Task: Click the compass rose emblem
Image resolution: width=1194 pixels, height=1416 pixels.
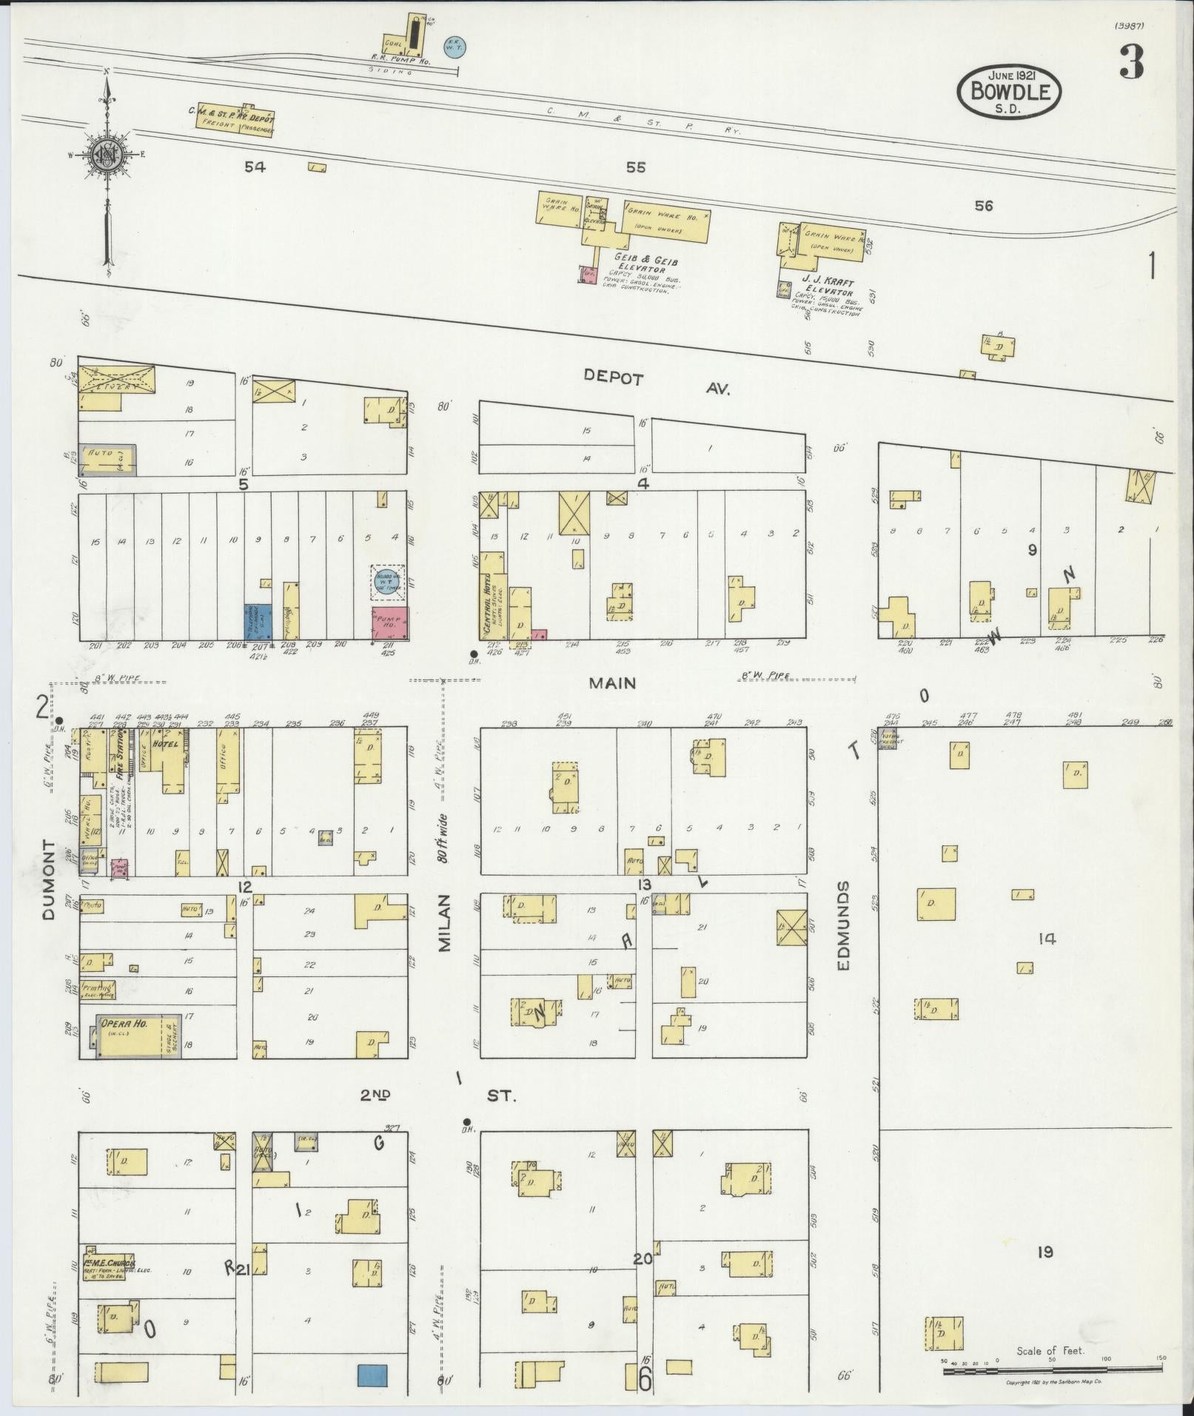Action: (106, 156)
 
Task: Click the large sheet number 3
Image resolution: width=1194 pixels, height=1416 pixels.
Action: (1130, 63)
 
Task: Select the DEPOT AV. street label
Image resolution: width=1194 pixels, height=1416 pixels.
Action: (656, 383)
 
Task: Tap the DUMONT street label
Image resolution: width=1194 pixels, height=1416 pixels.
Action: (49, 879)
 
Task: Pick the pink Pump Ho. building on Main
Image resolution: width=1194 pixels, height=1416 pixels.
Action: (390, 623)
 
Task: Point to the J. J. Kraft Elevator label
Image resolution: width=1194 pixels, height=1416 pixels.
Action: (828, 288)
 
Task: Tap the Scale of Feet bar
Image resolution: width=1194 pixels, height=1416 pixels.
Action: (1050, 1372)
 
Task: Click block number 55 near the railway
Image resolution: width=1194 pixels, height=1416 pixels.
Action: (635, 167)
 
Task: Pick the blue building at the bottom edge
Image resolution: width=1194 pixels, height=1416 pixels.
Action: (373, 1375)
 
